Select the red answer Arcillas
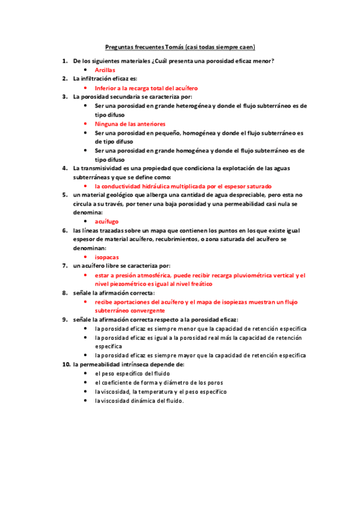point(105,70)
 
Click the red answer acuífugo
point(106,221)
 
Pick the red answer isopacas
point(106,257)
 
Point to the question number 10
point(66,364)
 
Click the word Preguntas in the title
point(120,47)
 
